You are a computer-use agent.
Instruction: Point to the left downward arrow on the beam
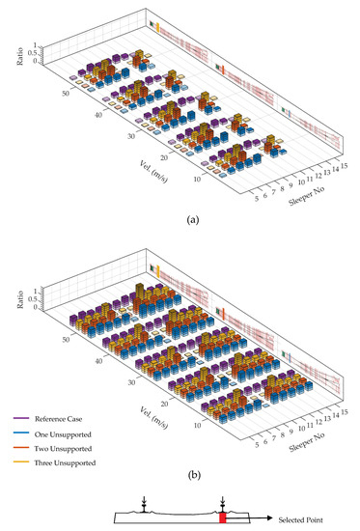pyautogui.click(x=141, y=502)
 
